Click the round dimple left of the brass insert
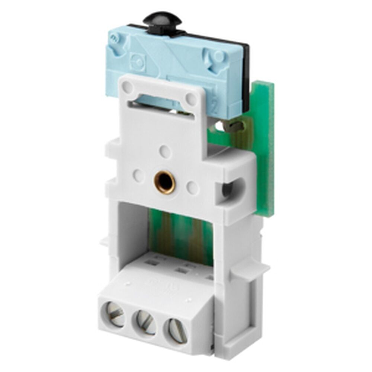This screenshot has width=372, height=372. [138, 174]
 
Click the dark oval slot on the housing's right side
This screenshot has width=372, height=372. [227, 189]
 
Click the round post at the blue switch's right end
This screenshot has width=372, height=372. [218, 57]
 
